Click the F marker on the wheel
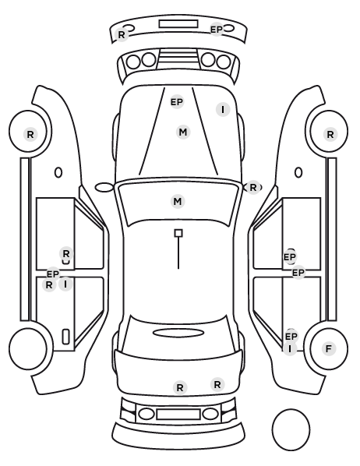tap(329, 348)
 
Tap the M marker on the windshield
tap(178, 202)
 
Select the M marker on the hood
tap(183, 132)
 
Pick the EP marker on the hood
tap(177, 102)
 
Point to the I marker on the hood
tap(223, 110)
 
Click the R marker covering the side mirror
tap(253, 188)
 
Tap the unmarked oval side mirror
tap(104, 187)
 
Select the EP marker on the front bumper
tap(217, 30)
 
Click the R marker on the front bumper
tap(122, 35)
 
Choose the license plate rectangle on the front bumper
tap(178, 24)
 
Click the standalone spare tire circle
tap(291, 429)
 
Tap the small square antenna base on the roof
tap(178, 233)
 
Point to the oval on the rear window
tap(178, 333)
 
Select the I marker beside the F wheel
tap(290, 348)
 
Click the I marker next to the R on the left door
tap(65, 284)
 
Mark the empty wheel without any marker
tap(28, 349)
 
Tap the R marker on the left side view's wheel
tap(30, 135)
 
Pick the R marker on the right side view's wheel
tap(330, 135)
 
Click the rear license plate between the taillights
tap(178, 414)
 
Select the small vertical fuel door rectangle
tap(65, 337)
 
